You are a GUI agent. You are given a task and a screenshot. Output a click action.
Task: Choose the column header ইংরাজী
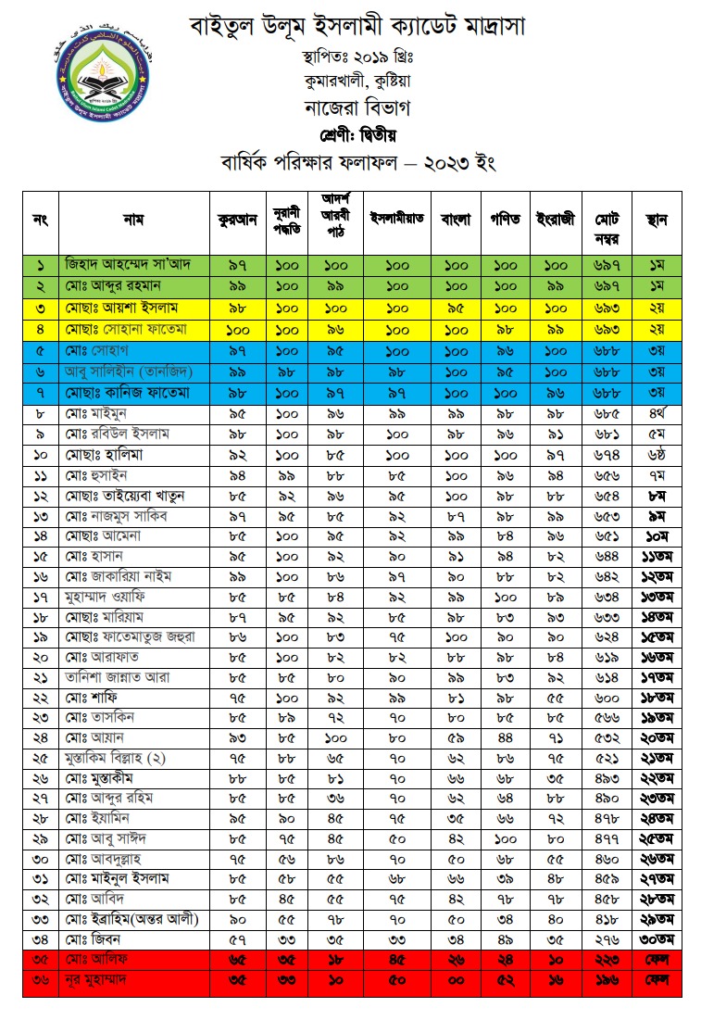(x=556, y=220)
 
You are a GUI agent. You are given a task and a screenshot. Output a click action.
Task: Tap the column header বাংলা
(x=456, y=220)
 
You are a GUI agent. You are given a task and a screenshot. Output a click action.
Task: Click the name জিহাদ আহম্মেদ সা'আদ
(x=128, y=265)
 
